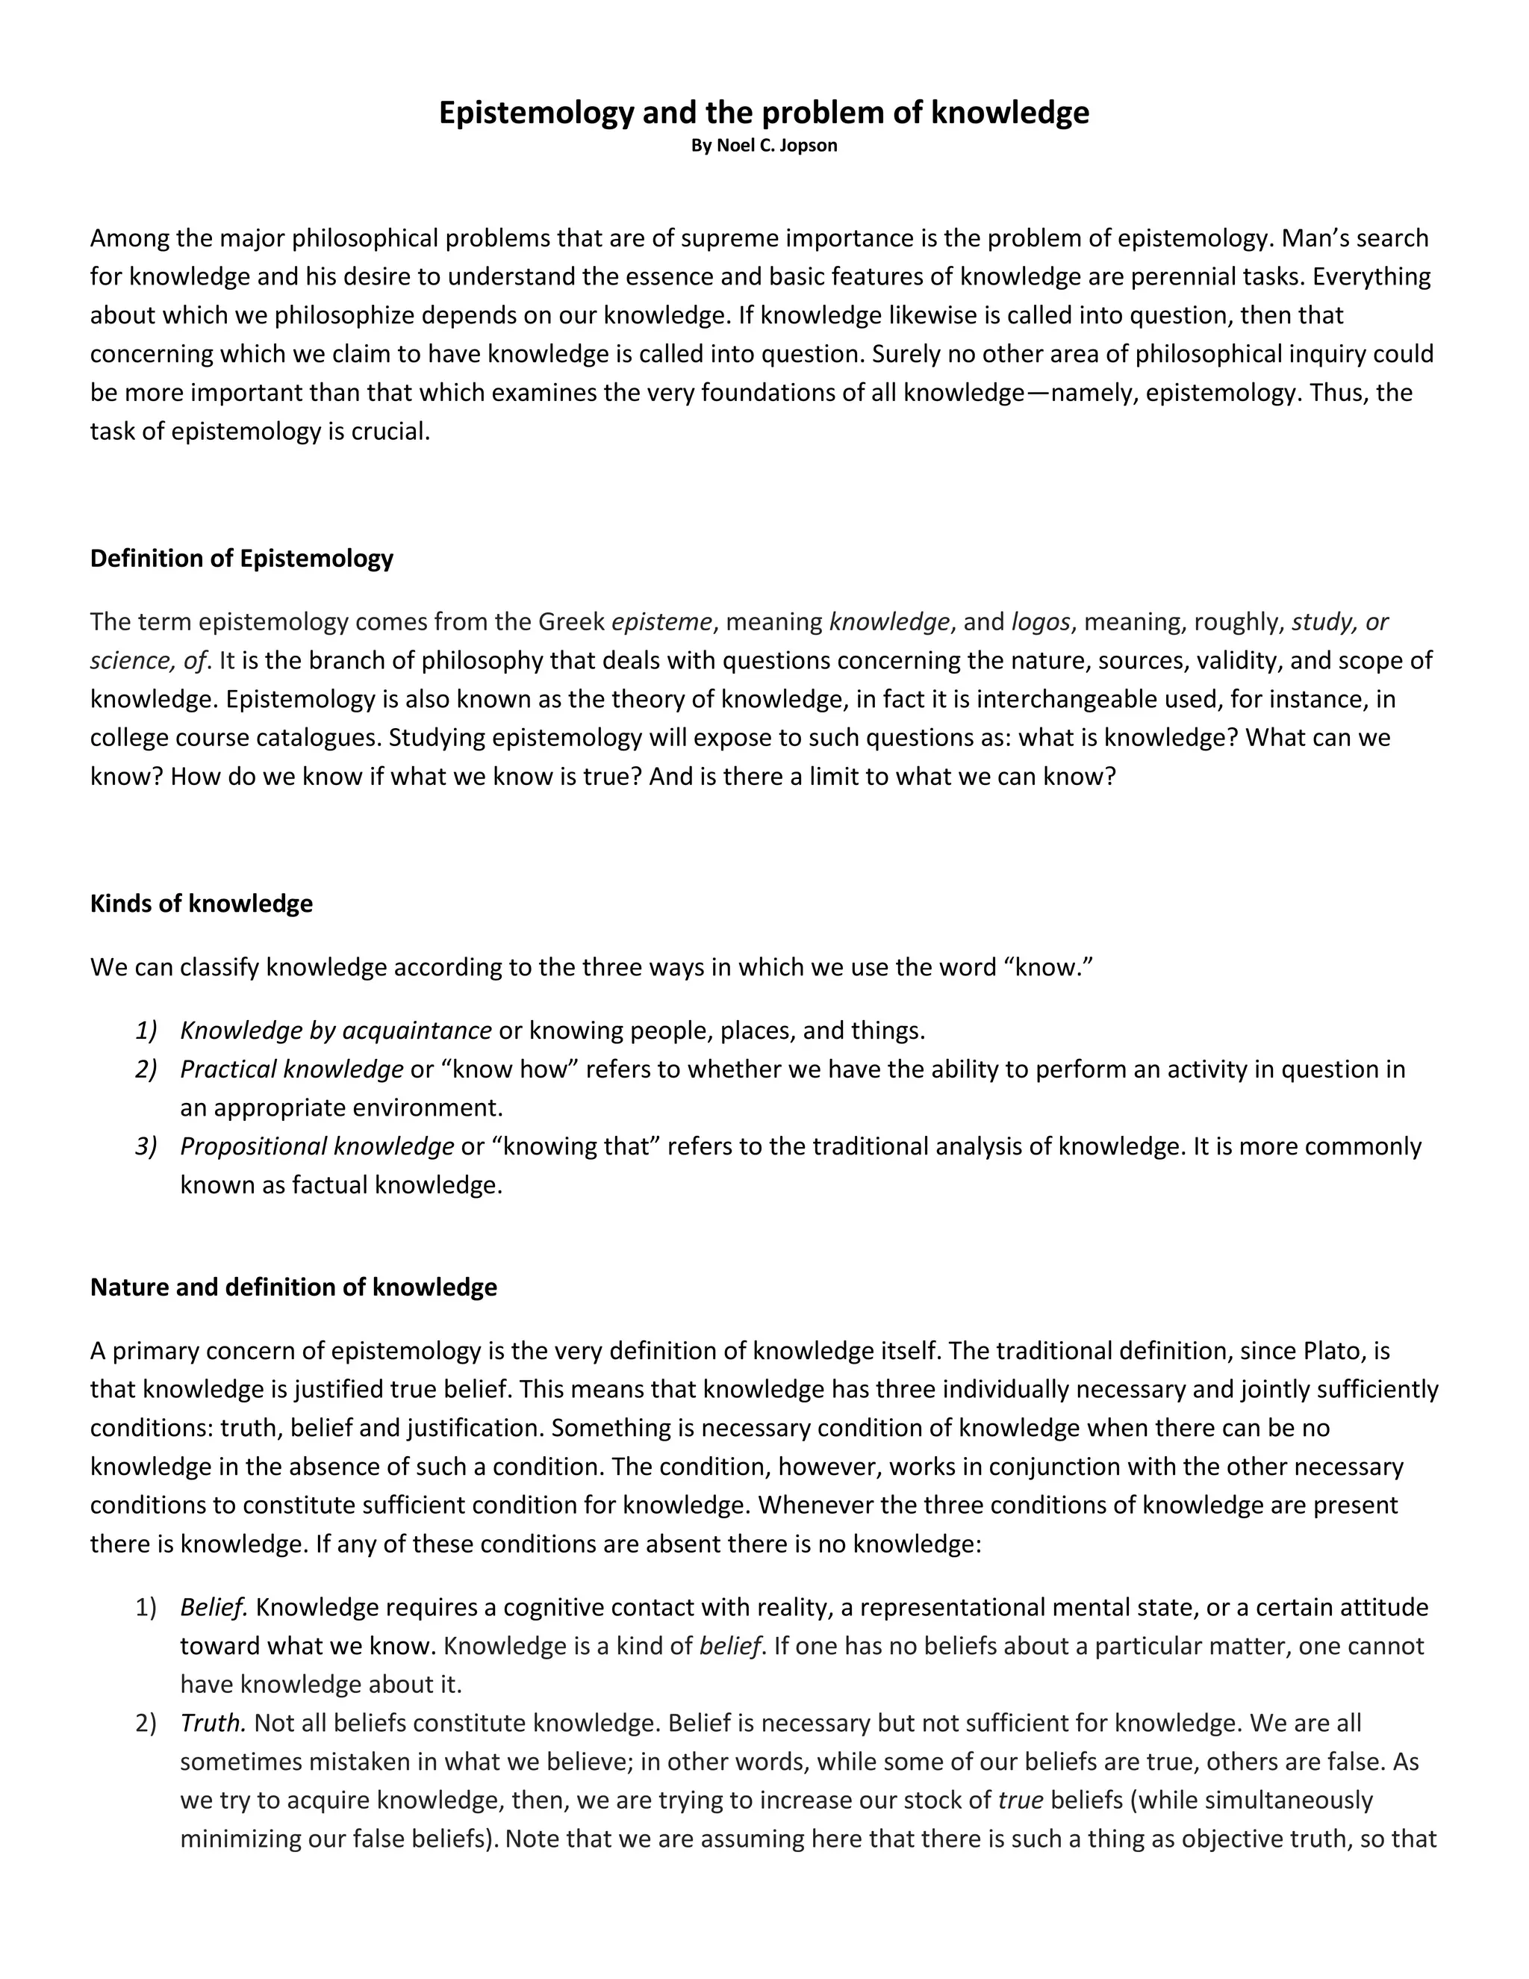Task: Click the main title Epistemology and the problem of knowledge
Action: (764, 112)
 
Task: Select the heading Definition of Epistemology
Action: (242, 558)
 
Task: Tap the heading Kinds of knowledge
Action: (201, 904)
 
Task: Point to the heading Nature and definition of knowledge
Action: (293, 1287)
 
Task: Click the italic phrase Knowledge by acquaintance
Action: (335, 1031)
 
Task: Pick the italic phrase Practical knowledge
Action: (292, 1069)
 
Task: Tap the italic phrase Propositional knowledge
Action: (317, 1146)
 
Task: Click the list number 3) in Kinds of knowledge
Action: (146, 1146)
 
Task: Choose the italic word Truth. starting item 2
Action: (214, 1723)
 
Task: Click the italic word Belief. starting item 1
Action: (214, 1606)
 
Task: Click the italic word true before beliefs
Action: (1020, 1800)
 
